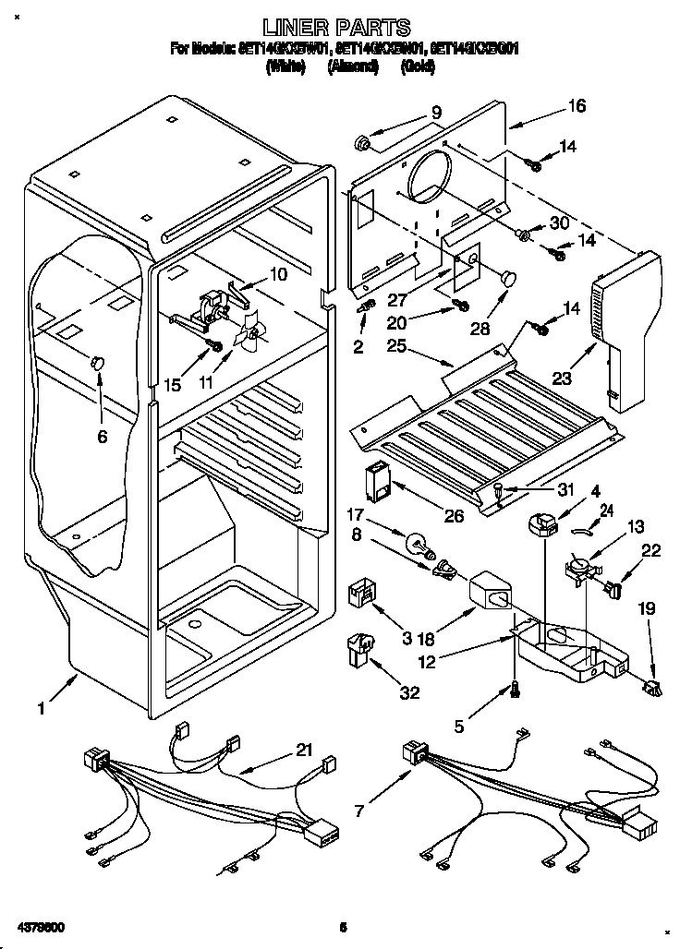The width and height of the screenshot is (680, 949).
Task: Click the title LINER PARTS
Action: click(x=336, y=28)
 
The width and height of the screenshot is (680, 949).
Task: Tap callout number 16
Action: click(x=577, y=106)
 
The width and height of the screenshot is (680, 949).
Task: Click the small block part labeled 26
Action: click(x=379, y=481)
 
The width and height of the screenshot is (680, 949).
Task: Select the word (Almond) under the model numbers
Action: click(x=353, y=67)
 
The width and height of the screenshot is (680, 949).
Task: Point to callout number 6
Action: click(x=102, y=436)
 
